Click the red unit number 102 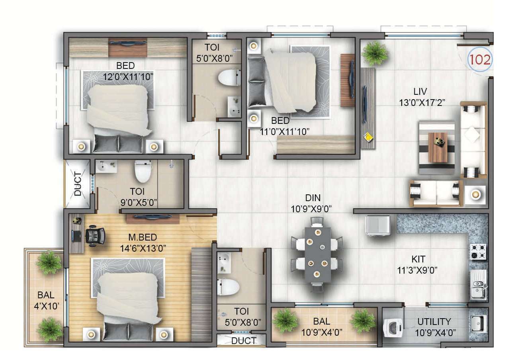[480, 60]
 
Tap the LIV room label [420, 92]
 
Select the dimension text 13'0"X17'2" [422, 103]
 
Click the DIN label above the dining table [313, 198]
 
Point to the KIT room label [418, 259]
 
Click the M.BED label [143, 237]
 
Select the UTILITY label [434, 322]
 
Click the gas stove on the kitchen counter [478, 252]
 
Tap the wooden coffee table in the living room [438, 147]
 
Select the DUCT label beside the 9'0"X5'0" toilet [78, 184]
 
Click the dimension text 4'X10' [47, 306]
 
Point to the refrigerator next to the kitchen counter [378, 226]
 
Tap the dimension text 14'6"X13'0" [143, 248]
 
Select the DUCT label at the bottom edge [244, 341]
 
